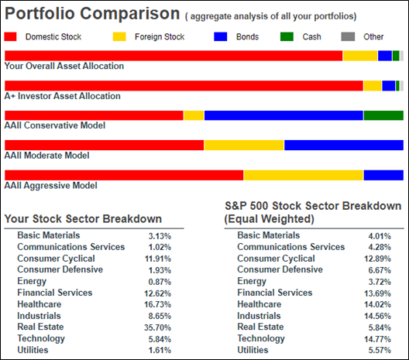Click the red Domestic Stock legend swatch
click(x=10, y=36)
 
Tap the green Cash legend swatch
click(x=287, y=36)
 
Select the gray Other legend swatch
click(x=348, y=36)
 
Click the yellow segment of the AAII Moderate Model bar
click(x=244, y=146)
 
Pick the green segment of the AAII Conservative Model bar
click(x=383, y=115)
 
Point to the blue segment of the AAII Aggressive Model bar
click(x=383, y=175)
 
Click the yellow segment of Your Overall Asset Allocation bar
click(x=360, y=56)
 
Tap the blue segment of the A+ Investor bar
click(x=389, y=86)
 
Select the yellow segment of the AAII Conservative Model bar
click(x=194, y=115)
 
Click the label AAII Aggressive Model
click(x=51, y=186)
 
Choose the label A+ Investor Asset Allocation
click(x=62, y=96)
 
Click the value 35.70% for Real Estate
click(x=158, y=327)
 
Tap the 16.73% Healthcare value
click(x=158, y=304)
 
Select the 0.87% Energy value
click(x=160, y=282)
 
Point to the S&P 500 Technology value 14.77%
click(x=377, y=339)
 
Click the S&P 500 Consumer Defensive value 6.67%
click(x=380, y=270)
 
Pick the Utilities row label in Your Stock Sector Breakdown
click(x=33, y=350)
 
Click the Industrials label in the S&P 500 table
click(x=259, y=316)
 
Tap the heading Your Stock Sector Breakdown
click(x=83, y=219)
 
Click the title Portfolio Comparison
click(x=92, y=14)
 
